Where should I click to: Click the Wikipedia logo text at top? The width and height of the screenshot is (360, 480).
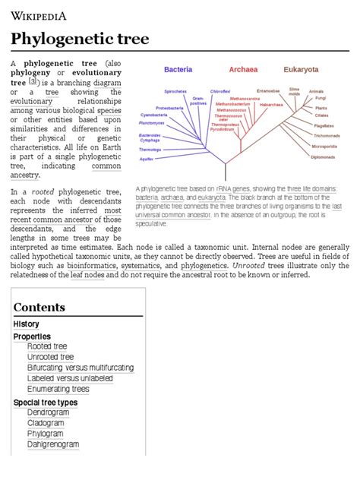38,14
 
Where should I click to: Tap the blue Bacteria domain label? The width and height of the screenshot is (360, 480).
178,69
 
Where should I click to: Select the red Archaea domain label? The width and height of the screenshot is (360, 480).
243,69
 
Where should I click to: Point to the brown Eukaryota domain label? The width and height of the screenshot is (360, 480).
302,69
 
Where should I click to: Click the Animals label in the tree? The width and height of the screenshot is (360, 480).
317,91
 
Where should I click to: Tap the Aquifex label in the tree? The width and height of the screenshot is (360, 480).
147,159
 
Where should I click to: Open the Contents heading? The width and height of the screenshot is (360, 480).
39,308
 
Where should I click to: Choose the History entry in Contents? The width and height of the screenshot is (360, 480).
27,324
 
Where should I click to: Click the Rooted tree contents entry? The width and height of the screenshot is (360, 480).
48,346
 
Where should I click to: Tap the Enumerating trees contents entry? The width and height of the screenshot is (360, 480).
58,389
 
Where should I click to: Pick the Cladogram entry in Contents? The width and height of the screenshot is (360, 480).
48,423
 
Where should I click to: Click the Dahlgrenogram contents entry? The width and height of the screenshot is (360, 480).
53,444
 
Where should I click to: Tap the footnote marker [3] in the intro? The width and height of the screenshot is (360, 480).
33,81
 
